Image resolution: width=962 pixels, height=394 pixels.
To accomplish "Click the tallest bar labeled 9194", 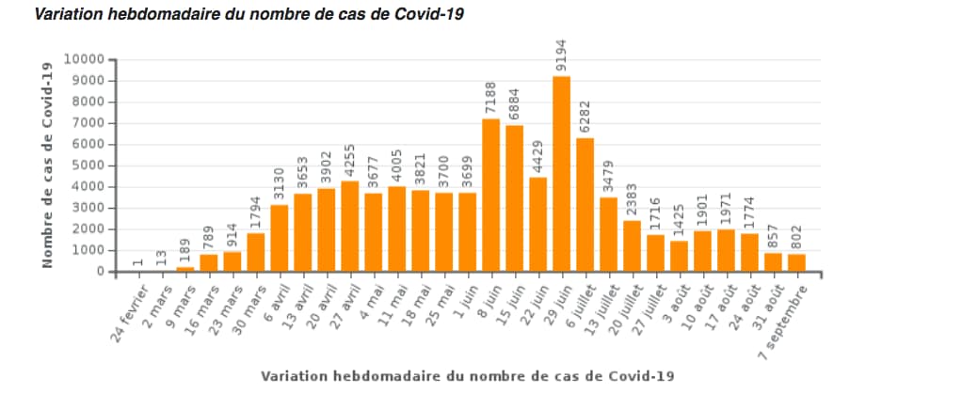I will (x=561, y=174).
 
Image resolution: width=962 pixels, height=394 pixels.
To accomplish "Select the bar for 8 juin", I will (x=490, y=195).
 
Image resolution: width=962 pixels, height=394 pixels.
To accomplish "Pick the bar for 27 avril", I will (x=349, y=226).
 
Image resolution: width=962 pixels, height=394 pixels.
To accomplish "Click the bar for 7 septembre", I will (x=796, y=262).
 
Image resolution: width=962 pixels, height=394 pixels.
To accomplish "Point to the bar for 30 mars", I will (x=255, y=252).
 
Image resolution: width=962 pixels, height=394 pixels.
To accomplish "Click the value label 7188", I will (x=491, y=99).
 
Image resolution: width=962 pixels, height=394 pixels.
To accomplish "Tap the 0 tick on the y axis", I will (x=99, y=272).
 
